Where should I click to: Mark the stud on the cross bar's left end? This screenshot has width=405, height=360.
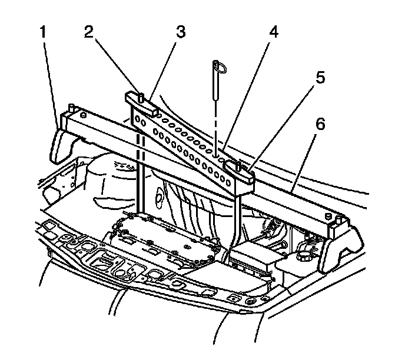coord(71,108)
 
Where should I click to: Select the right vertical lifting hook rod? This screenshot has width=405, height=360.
coord(237,218)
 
